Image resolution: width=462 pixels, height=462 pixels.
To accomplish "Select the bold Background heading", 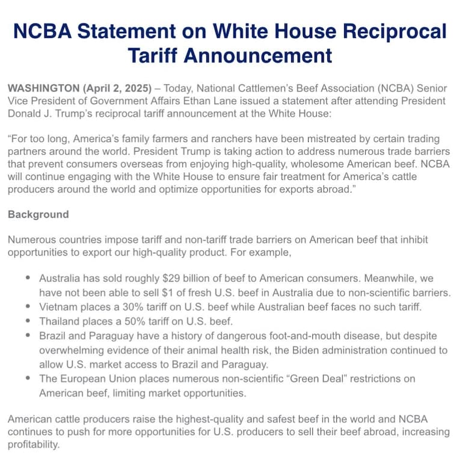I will (38, 214).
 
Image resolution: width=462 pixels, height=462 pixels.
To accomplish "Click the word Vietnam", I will (57, 307).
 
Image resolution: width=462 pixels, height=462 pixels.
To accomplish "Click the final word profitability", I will (34, 445).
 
